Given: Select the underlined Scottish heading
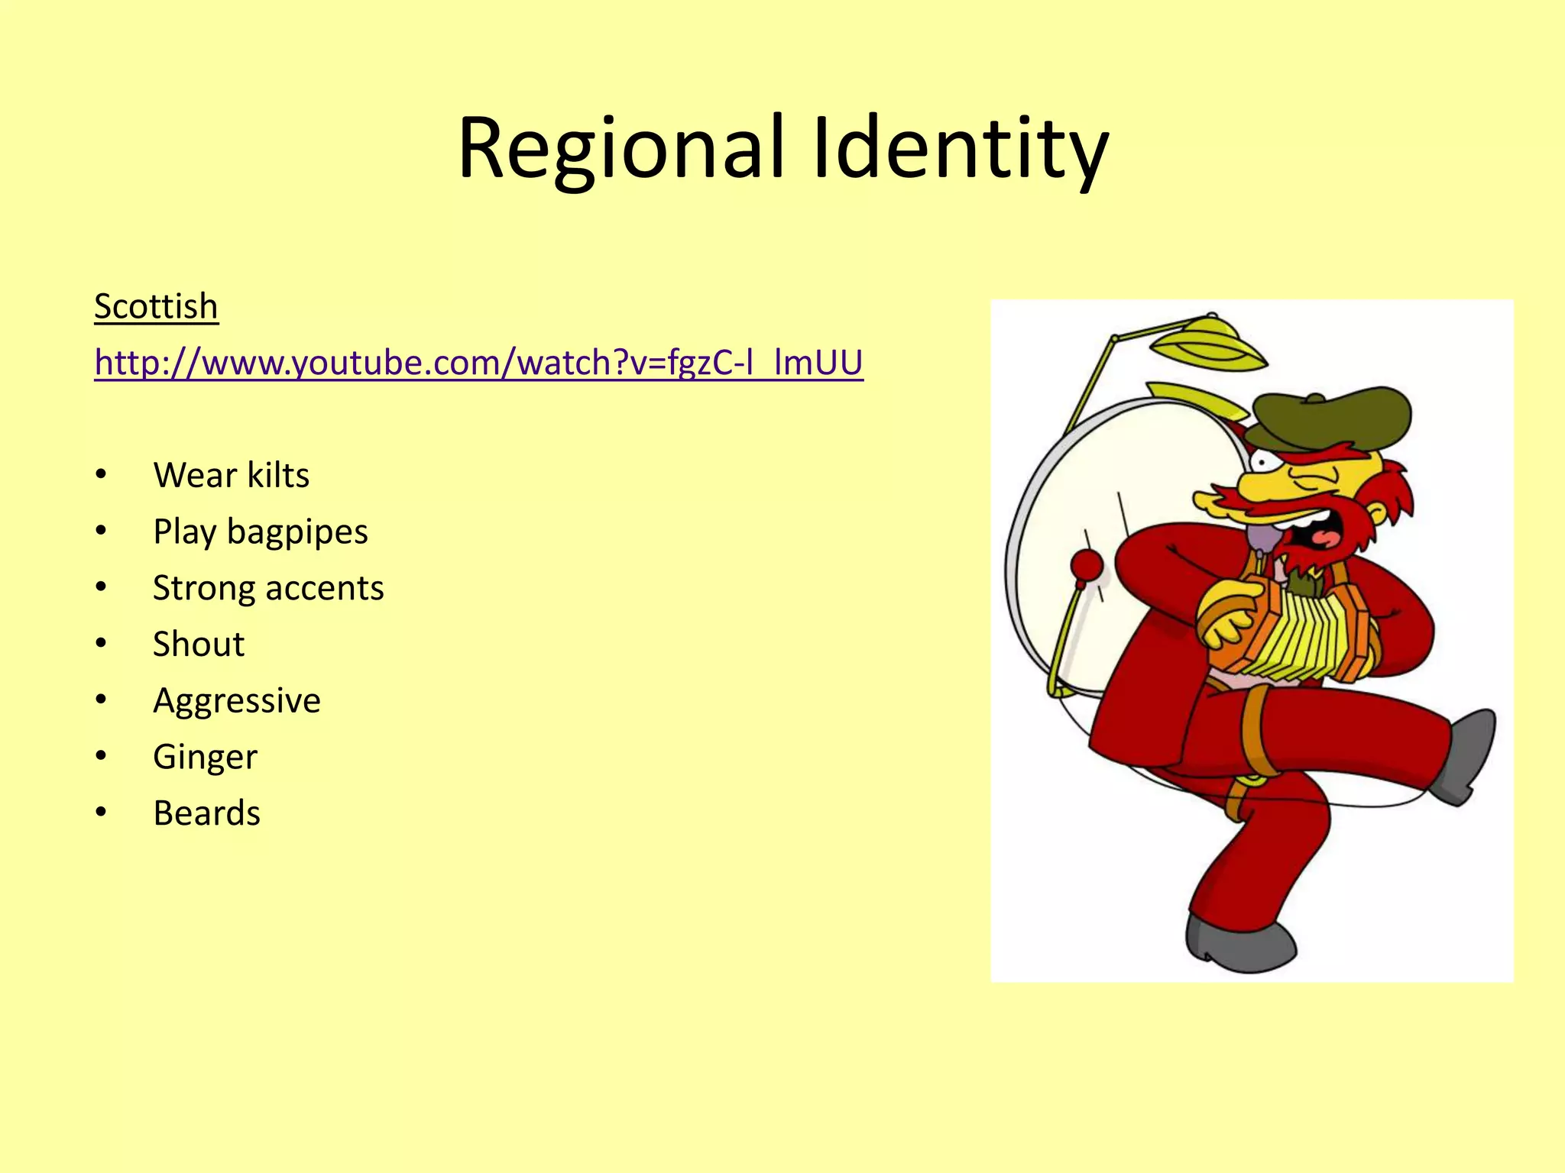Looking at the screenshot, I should pos(156,307).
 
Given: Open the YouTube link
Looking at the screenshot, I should pos(478,363).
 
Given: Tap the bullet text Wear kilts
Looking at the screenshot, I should pos(231,475).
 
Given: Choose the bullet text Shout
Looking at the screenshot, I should pos(199,645).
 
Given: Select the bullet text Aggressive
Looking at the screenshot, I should pos(237,701).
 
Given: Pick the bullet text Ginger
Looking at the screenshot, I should pos(205,757).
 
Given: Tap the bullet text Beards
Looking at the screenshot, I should pos(206,813).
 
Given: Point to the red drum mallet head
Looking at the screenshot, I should pos(1087,566).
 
